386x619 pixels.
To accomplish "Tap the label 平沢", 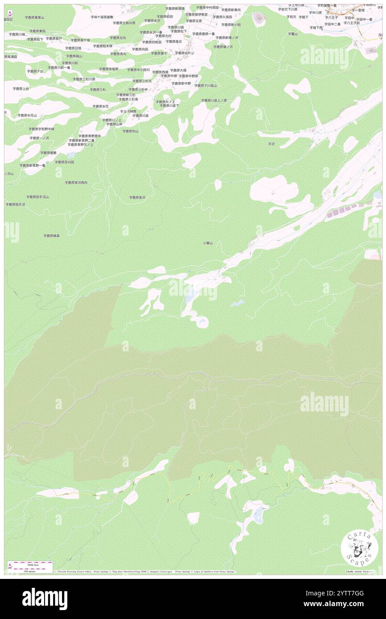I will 271,144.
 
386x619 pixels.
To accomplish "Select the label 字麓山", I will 292,34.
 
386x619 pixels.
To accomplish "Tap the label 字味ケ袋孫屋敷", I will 102,17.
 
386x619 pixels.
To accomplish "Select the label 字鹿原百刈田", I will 64,162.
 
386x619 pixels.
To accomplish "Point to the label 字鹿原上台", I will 21,89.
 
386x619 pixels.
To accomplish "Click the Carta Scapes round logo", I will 356,548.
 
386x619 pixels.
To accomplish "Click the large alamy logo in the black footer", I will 45,599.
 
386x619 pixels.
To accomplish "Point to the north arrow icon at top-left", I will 9,13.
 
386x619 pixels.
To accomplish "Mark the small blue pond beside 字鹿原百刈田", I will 71,155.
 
